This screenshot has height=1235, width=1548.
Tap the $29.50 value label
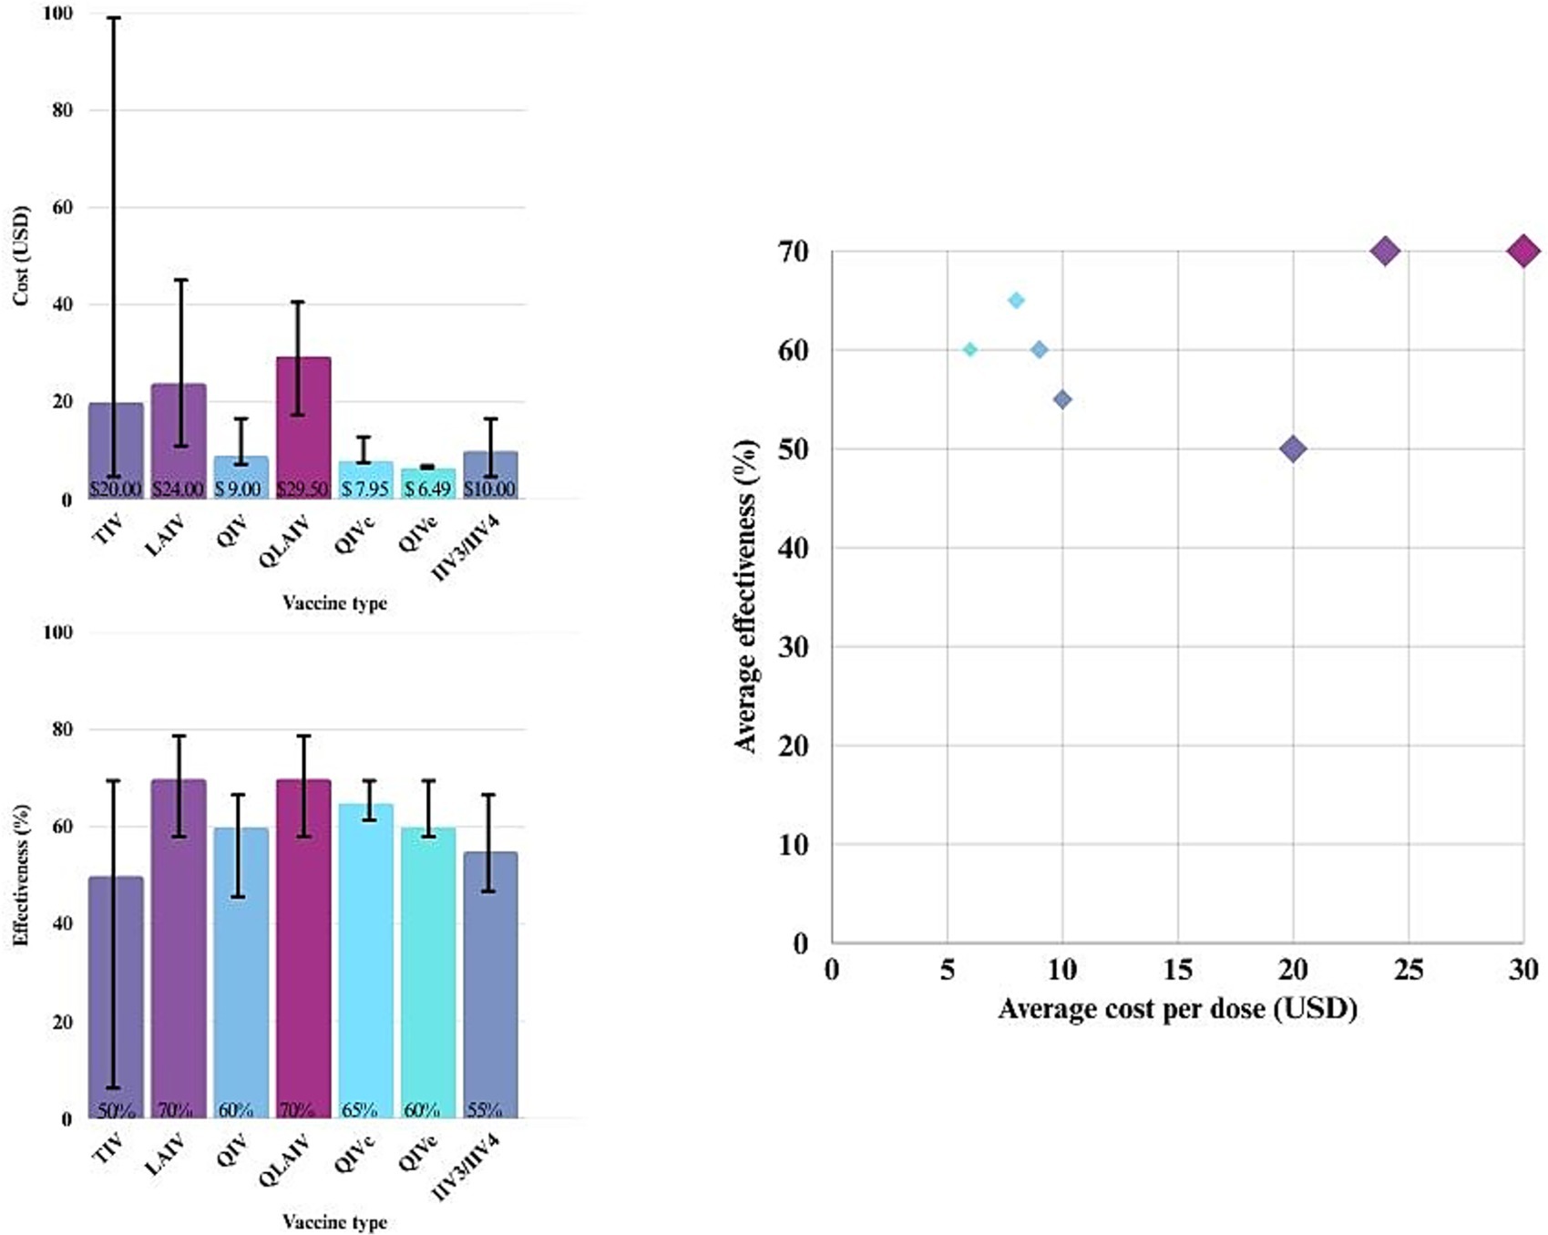click(302, 489)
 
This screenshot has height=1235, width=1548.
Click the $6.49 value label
click(427, 489)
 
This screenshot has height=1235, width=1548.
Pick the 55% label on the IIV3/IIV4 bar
click(484, 1110)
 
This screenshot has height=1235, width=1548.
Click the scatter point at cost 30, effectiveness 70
click(1523, 251)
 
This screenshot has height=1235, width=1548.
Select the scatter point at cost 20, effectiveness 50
click(1293, 448)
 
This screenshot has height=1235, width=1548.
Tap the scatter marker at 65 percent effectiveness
click(1016, 301)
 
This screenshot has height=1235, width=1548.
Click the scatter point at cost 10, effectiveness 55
click(1062, 399)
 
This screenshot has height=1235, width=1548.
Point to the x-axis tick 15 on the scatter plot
click(1177, 970)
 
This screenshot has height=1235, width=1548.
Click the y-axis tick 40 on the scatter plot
click(794, 548)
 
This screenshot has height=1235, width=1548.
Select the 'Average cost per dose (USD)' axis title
click(1177, 1009)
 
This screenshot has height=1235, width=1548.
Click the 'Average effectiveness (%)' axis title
click(745, 596)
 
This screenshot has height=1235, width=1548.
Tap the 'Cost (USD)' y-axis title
click(21, 256)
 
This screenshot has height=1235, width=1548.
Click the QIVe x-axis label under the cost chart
click(419, 534)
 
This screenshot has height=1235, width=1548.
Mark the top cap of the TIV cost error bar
click(115, 18)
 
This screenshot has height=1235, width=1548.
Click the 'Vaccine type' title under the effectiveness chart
click(334, 1221)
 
